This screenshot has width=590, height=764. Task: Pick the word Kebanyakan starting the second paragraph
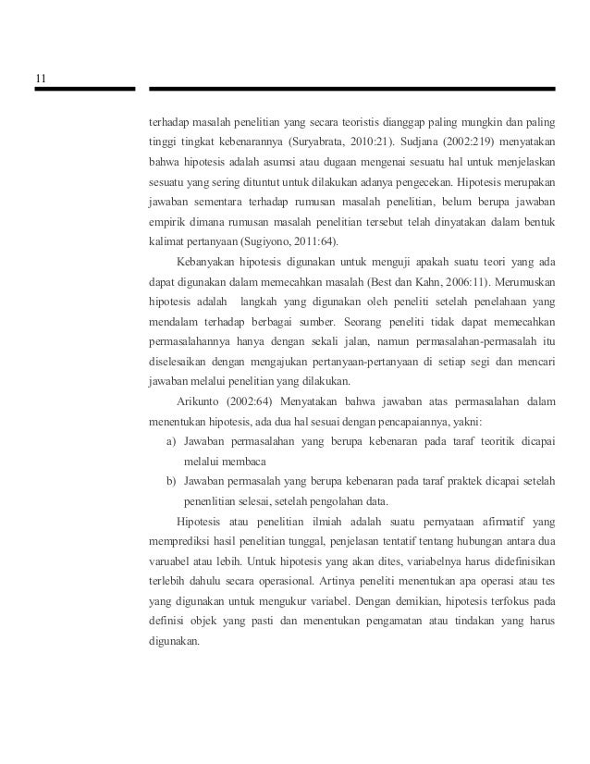[203, 262]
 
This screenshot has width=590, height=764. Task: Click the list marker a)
[171, 442]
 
